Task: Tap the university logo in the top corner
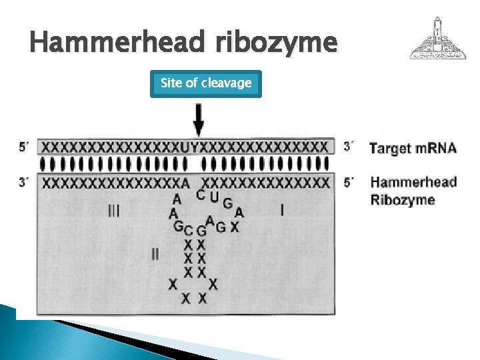coord(438,39)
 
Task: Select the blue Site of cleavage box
coord(205,83)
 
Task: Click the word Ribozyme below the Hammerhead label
coord(403,199)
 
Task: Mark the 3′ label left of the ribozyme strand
coord(24,181)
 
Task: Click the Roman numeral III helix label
coord(114,211)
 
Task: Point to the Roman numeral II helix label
coord(155,254)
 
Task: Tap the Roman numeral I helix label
coord(281,211)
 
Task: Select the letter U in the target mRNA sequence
coord(185,147)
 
